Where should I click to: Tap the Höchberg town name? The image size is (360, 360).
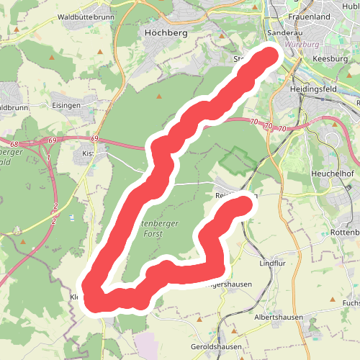pyautogui.click(x=166, y=33)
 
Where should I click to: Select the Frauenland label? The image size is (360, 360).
pyautogui.click(x=308, y=16)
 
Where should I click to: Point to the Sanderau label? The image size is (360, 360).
pyautogui.click(x=282, y=34)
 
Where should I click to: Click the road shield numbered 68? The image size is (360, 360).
pyautogui.click(x=14, y=144)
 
